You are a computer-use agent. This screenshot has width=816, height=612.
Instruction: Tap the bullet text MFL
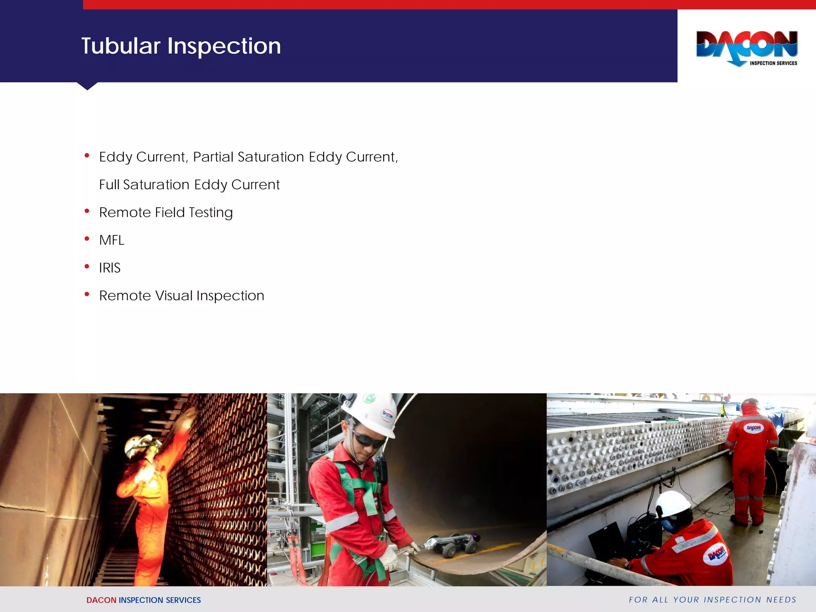(x=112, y=240)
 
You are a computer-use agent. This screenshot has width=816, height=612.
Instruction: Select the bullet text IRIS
(x=110, y=268)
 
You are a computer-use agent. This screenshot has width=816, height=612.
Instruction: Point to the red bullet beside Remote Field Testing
(x=87, y=211)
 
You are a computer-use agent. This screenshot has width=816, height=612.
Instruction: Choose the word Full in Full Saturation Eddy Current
(x=109, y=185)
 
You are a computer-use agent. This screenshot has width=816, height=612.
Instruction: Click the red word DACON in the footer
(x=101, y=600)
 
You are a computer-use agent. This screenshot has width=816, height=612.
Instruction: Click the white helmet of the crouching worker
(x=673, y=504)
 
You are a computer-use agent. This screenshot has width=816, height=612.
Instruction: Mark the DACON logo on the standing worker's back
(x=753, y=428)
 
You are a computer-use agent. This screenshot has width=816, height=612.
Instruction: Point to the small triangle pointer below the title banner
(x=87, y=86)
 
